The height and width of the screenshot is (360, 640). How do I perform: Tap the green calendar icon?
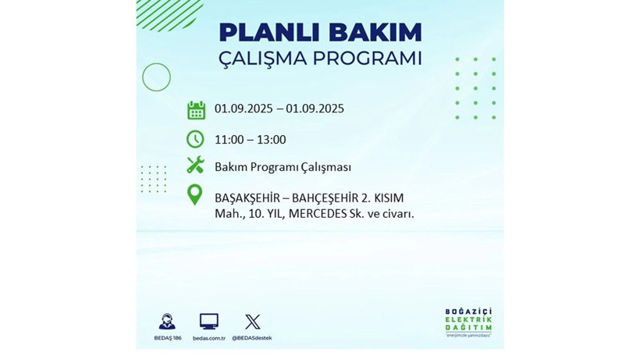click(196, 109)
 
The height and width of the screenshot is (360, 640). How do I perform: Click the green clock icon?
click(195, 139)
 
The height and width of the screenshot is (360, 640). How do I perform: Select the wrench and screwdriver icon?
click(195, 166)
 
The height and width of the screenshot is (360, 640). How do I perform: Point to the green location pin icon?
click(195, 195)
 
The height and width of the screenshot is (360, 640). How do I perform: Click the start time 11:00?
click(229, 140)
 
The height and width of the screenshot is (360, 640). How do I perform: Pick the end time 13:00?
click(271, 140)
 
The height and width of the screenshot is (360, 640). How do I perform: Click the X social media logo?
click(252, 321)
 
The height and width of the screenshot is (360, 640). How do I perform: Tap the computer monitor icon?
click(209, 320)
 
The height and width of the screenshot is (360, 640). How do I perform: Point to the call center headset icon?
click(167, 321)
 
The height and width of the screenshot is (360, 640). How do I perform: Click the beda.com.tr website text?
click(209, 337)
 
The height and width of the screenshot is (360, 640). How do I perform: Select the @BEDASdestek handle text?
click(252, 337)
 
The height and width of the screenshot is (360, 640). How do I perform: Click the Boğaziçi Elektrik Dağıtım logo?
click(469, 323)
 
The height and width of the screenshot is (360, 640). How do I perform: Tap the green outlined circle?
click(156, 77)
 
